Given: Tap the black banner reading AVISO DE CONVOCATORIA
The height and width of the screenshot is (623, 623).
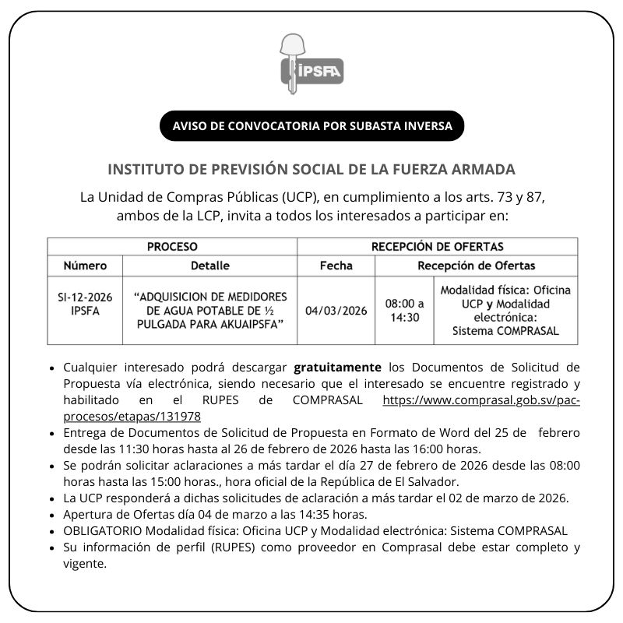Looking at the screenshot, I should click(311, 125).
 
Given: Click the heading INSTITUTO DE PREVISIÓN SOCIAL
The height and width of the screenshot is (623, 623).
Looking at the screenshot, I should click(311, 169).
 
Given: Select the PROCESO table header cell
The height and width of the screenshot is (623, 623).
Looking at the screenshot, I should click(172, 247).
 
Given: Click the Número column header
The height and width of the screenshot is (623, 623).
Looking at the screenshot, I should click(85, 266).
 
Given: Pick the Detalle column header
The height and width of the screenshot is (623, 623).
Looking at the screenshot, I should click(209, 266).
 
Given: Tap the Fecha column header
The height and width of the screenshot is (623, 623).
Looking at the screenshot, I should click(336, 266).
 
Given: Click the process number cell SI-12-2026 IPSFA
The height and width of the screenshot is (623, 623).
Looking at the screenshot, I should click(85, 304).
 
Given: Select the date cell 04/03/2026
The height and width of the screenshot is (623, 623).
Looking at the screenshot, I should click(336, 311).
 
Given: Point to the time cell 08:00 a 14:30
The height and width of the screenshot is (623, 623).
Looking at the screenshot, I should click(405, 311).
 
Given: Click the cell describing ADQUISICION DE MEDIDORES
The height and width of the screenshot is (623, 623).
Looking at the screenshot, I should click(209, 309).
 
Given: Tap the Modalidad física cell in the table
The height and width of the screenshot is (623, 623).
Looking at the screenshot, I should click(505, 310).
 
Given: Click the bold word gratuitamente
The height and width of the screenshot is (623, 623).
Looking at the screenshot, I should click(338, 366).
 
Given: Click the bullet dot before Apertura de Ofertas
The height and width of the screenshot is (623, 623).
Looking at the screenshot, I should click(51, 515).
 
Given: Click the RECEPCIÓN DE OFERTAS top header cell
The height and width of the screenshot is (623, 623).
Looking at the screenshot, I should click(437, 247).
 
